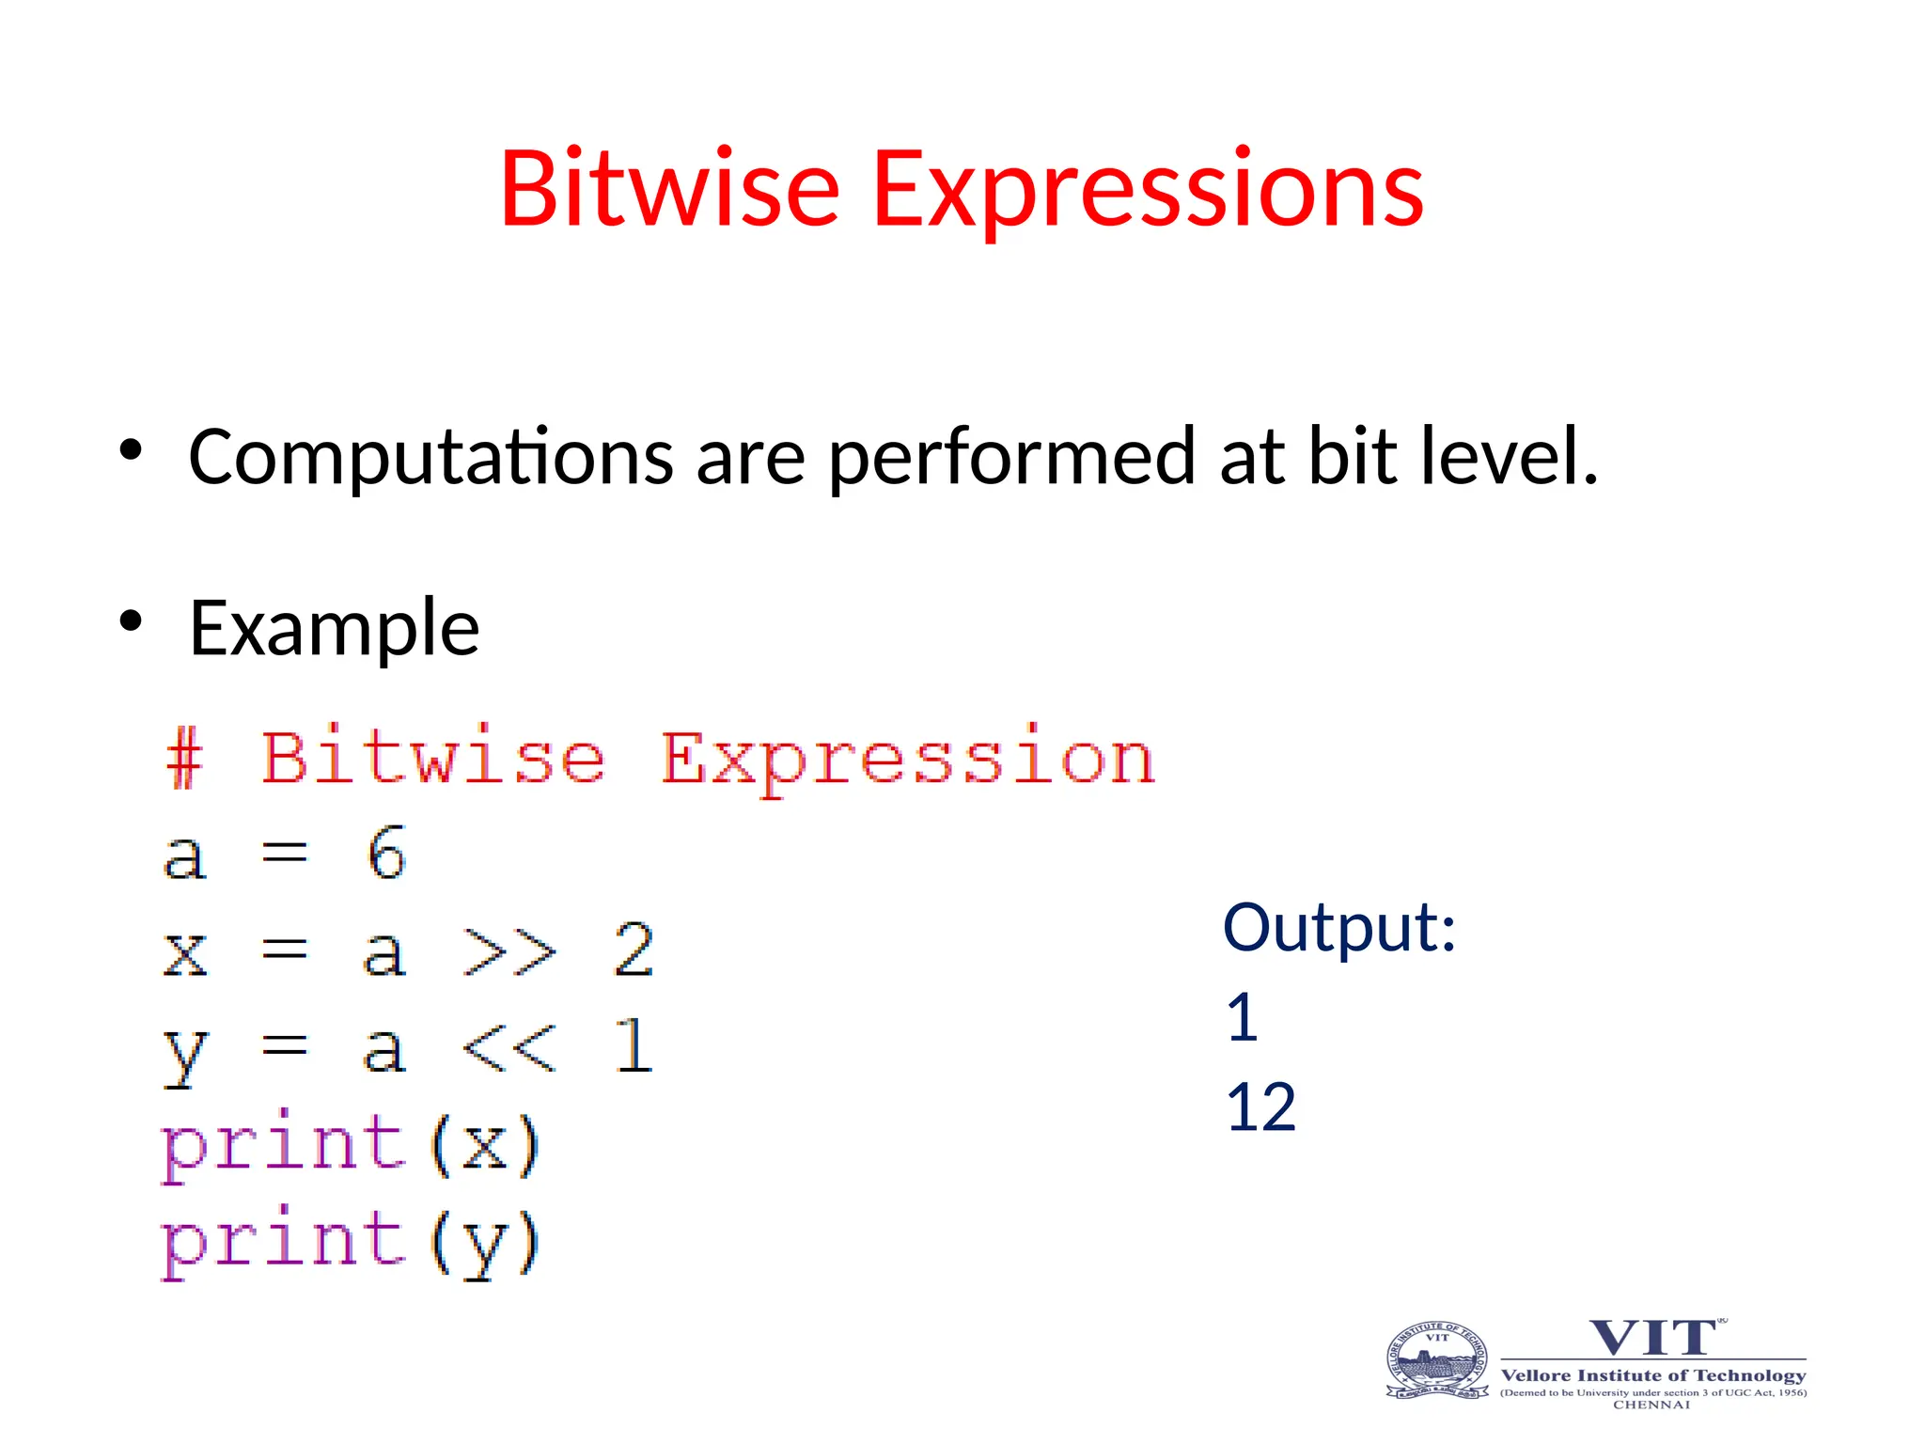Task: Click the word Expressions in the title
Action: (1148, 190)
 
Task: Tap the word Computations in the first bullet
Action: (430, 457)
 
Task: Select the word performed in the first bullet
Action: (1011, 459)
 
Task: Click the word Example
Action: (334, 629)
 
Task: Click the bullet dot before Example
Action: (131, 620)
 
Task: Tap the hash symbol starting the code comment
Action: (184, 759)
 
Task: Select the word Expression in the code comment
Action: (907, 761)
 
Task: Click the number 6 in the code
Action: (386, 854)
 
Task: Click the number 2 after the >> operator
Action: (634, 950)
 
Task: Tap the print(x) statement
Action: (351, 1145)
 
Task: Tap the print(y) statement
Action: (351, 1243)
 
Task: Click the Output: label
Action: (1339, 928)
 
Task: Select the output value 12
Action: (1260, 1107)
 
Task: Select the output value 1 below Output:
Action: (1243, 1018)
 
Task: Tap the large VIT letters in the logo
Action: (1652, 1338)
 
